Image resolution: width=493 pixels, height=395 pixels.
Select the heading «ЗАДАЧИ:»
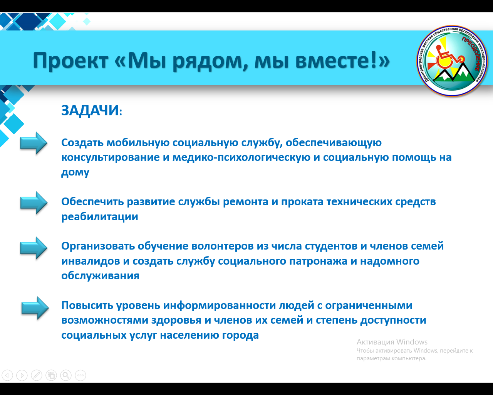pyautogui.click(x=92, y=110)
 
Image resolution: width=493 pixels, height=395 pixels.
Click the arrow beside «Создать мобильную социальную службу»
pyautogui.click(x=34, y=143)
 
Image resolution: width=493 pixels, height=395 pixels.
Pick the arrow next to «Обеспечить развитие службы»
pyautogui.click(x=34, y=203)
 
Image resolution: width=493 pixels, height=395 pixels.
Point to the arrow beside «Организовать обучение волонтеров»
pyautogui.click(x=34, y=248)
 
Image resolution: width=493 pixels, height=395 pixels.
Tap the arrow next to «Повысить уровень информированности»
pyautogui.click(x=35, y=308)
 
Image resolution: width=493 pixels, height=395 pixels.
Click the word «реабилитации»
pyautogui.click(x=100, y=217)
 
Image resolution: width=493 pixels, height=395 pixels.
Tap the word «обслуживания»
pyautogui.click(x=101, y=276)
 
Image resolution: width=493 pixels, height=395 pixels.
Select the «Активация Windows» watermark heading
pyautogui.click(x=392, y=342)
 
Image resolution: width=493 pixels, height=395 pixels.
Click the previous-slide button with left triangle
pyautogui.click(x=7, y=375)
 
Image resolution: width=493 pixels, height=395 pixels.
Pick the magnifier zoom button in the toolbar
pyautogui.click(x=66, y=375)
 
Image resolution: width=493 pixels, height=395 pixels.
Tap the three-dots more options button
pyautogui.click(x=80, y=375)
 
